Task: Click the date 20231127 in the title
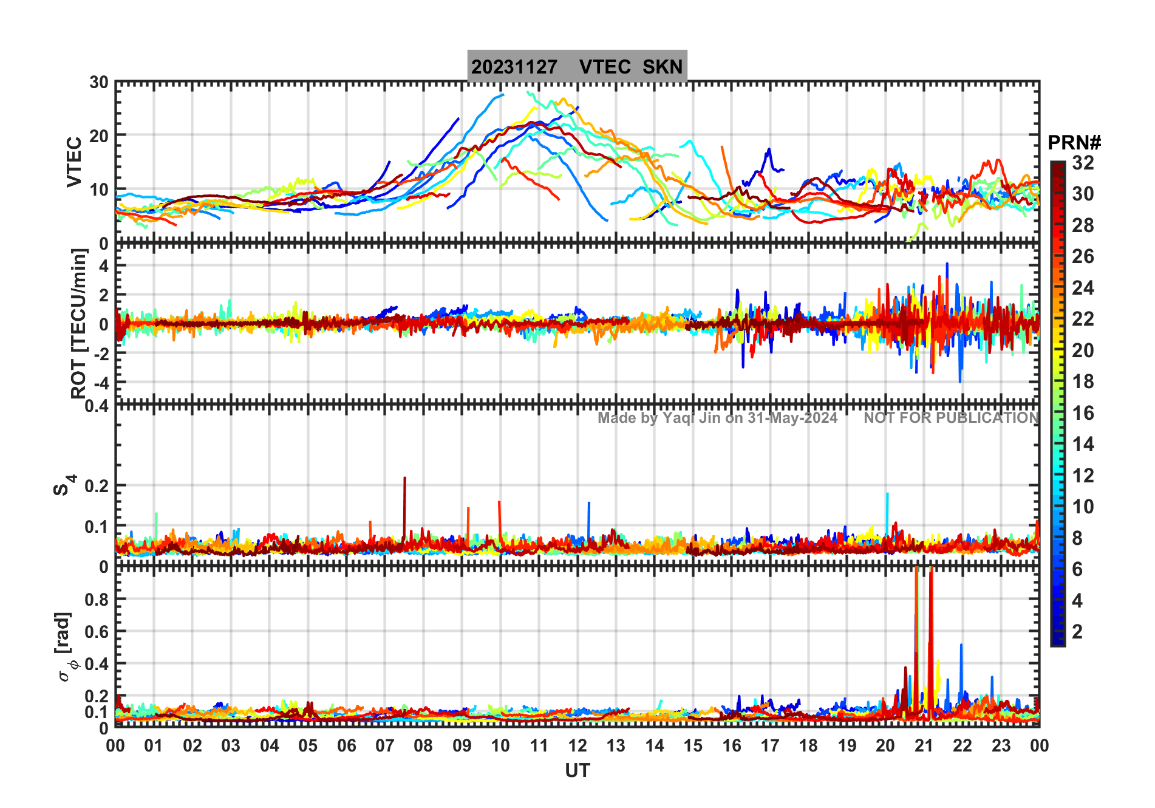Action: [514, 67]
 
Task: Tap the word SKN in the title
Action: [663, 67]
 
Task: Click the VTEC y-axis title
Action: [74, 162]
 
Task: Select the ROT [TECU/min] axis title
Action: [79, 323]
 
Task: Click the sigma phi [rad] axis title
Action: [65, 647]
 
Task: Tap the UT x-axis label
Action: [577, 770]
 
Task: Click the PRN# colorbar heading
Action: [1074, 143]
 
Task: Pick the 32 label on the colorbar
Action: [1083, 163]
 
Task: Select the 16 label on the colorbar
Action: [1083, 413]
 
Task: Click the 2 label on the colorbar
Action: [1077, 632]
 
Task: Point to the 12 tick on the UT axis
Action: [577, 745]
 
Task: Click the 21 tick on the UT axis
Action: [924, 745]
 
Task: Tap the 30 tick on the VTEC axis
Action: [99, 82]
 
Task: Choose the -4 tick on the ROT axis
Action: [99, 383]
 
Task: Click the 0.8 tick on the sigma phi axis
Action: [96, 599]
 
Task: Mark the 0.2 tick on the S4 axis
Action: [96, 486]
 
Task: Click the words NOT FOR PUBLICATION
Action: [951, 418]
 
